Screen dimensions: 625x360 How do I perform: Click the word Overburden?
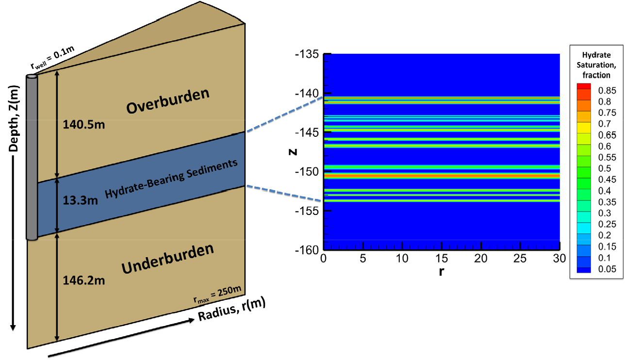[x=168, y=100]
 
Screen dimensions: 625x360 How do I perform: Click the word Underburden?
[x=168, y=259]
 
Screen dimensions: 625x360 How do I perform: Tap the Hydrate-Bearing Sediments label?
[x=171, y=179]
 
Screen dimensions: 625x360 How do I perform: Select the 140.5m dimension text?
[x=83, y=125]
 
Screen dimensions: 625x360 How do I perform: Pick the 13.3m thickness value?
[x=80, y=200]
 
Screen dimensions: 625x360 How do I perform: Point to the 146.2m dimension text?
[x=83, y=280]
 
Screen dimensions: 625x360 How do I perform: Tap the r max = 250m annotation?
[x=217, y=295]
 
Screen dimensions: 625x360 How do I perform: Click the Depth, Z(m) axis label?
[x=14, y=118]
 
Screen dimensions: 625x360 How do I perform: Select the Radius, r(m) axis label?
[x=231, y=309]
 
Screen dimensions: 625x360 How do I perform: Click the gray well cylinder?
[x=32, y=157]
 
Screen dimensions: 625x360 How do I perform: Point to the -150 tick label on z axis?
[x=307, y=172]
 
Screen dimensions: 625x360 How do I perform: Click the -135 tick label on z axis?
[x=307, y=54]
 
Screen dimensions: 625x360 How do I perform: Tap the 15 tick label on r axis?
[x=442, y=259]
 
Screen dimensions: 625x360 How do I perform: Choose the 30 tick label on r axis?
[x=559, y=259]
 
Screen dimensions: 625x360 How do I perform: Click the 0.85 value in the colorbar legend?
[x=607, y=90]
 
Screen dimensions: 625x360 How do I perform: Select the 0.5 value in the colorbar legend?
[x=605, y=168]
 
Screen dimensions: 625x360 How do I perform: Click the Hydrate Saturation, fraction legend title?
[x=596, y=65]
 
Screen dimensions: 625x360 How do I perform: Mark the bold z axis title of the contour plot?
[x=293, y=152]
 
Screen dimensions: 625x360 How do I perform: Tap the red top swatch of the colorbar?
[x=584, y=86]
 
